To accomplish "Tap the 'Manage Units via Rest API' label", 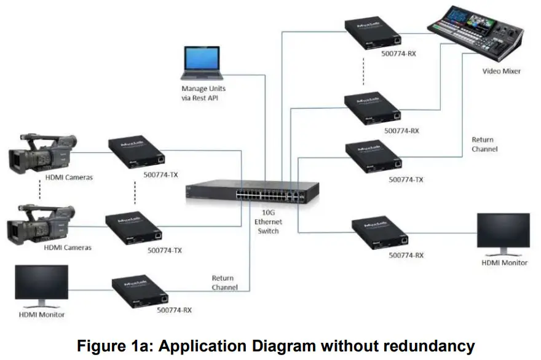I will pyautogui.click(x=199, y=93).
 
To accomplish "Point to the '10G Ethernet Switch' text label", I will pyautogui.click(x=269, y=222).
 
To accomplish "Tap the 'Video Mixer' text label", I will pyautogui.click(x=501, y=71).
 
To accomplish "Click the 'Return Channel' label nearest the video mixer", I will pyautogui.click(x=484, y=144).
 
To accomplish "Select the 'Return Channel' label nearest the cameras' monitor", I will pyautogui.click(x=224, y=283).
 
